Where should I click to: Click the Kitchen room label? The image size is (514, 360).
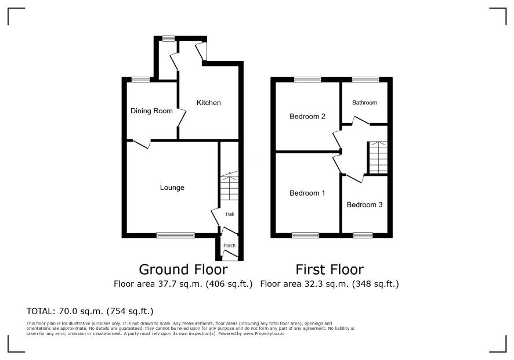coord(208,103)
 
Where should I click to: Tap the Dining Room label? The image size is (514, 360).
coord(151,111)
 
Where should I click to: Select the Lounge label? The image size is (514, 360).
coord(172,188)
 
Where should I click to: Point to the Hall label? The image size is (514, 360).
coord(230,214)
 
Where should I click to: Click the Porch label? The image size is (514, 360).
coord(230,246)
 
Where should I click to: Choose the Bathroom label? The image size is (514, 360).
coord(364,102)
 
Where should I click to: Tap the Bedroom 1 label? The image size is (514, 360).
coord(307,193)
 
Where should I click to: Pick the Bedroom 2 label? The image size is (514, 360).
coord(307,117)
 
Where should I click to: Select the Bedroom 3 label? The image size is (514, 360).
coord(364,205)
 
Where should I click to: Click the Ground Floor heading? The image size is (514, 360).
coord(183,269)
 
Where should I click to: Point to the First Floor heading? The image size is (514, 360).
coord(330,269)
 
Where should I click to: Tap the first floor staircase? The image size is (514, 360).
coord(378,157)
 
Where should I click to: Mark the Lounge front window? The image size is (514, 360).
coord(176,235)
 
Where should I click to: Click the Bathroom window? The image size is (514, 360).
coord(365,80)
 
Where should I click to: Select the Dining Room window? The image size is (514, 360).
coord(141,80)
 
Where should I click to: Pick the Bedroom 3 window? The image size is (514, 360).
coord(363,235)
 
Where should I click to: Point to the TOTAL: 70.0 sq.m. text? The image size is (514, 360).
coord(90,311)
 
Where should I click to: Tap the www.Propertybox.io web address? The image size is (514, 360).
coord(263,333)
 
